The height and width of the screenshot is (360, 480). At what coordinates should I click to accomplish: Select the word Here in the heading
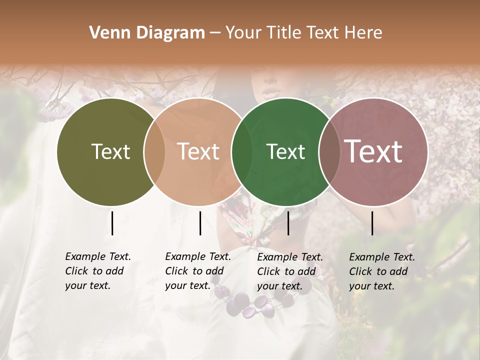(x=363, y=33)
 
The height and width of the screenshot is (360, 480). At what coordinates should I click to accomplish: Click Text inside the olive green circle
(x=110, y=151)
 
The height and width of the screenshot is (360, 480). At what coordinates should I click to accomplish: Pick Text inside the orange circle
(x=198, y=151)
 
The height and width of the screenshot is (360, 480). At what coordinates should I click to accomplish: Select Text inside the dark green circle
(x=285, y=151)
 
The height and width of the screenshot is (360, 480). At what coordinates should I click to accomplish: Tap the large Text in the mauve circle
(x=373, y=151)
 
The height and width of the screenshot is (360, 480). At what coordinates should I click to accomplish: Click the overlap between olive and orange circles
(x=154, y=152)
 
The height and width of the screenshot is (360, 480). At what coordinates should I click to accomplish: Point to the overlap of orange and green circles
(x=242, y=152)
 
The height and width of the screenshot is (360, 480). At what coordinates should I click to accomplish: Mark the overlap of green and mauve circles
(x=329, y=152)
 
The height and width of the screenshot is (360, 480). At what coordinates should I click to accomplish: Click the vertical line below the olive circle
(x=112, y=223)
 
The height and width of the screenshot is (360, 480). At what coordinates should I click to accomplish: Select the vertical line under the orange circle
(x=200, y=223)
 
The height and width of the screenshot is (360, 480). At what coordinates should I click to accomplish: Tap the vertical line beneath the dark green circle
(x=288, y=223)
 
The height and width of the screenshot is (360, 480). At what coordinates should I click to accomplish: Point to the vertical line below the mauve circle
(x=372, y=223)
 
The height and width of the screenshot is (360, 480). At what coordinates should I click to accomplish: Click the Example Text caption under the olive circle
(x=98, y=271)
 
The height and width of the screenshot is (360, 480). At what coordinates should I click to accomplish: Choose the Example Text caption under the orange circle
(x=198, y=271)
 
